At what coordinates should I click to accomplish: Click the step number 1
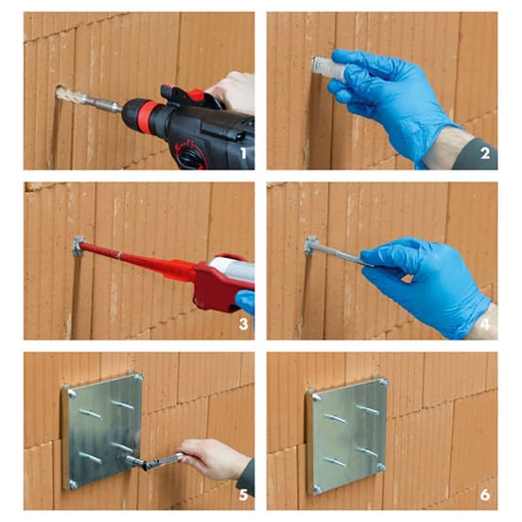244,153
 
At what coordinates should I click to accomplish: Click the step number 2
485,153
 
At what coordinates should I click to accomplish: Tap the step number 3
243,324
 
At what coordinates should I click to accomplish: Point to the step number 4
485,324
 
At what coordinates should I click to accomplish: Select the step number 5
243,495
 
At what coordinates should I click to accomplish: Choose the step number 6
485,495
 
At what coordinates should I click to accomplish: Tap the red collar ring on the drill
147,114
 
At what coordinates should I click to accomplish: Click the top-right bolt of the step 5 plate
138,377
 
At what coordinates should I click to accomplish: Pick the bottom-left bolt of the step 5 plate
73,484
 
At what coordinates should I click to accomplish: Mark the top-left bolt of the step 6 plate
317,397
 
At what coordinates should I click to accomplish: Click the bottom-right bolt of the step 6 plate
381,467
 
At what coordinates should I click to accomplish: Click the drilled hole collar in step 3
78,247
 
